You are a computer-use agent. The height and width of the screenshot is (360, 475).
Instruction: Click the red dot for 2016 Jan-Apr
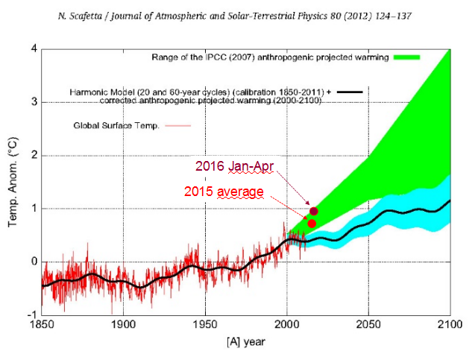click(314, 211)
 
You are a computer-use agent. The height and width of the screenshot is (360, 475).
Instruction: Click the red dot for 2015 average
click(312, 223)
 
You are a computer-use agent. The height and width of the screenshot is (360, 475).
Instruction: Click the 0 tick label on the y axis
click(33, 262)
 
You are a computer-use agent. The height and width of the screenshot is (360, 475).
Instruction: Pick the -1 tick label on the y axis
click(31, 315)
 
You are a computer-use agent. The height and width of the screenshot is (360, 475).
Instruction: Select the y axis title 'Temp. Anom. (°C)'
click(11, 182)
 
